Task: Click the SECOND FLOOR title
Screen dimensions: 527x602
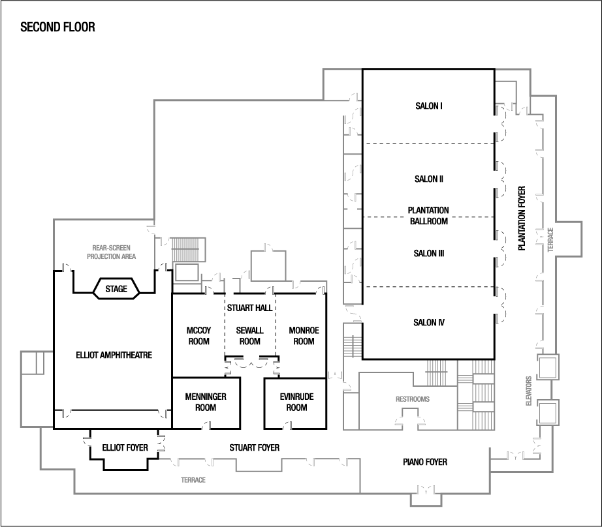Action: [58, 27]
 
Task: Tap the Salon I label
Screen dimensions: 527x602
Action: [429, 105]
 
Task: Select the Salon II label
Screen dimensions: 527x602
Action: [429, 179]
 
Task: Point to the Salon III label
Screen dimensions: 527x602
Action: [429, 253]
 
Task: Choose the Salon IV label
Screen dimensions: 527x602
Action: [429, 322]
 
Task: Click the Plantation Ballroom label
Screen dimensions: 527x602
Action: [429, 216]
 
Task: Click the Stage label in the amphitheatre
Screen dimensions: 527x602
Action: [117, 288]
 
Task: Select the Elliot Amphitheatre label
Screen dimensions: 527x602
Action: [114, 355]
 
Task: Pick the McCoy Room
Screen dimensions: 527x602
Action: [198, 336]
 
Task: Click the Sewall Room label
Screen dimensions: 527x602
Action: [249, 336]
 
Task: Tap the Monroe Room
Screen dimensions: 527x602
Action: [304, 336]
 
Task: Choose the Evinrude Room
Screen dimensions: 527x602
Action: [296, 402]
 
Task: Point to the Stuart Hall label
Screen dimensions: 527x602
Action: [249, 307]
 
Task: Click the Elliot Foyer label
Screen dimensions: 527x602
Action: [125, 448]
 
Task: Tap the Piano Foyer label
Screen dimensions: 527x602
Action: [424, 462]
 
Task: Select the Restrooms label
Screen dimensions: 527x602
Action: [413, 399]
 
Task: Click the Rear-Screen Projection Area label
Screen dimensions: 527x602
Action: [112, 252]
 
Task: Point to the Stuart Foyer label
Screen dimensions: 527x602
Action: [255, 448]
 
